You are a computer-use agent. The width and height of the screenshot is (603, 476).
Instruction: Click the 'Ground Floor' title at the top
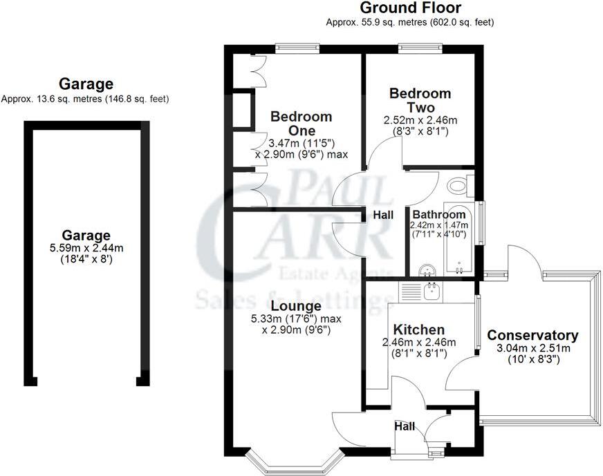410,8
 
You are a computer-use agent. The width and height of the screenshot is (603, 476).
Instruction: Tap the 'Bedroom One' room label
301,123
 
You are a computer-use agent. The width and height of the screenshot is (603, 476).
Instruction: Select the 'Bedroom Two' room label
420,100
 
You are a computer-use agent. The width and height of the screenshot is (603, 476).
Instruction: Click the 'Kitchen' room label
418,330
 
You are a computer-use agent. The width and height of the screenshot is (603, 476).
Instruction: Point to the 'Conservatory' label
532,336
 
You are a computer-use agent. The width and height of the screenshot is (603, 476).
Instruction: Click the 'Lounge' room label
295,306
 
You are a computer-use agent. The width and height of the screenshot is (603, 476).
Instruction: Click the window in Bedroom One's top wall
295,47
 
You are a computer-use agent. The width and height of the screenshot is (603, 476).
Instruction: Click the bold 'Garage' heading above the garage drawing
86,84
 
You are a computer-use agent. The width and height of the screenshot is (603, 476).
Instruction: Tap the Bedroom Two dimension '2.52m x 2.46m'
420,120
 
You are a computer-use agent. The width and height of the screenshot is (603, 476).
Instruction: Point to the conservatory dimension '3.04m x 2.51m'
533,348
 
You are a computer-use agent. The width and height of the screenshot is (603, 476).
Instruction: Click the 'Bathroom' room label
439,215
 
